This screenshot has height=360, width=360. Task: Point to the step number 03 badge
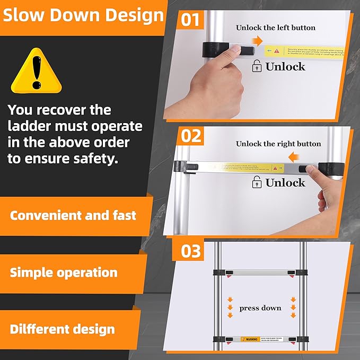pyautogui.click(x=190, y=250)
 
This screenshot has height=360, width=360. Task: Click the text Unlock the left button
pyautogui.click(x=275, y=27)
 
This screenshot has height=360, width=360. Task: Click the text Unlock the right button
pyautogui.click(x=278, y=144)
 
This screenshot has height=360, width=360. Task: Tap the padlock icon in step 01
pyautogui.click(x=257, y=66)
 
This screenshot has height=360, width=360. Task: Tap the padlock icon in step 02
pyautogui.click(x=257, y=183)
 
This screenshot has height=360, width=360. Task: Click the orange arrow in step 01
pyautogui.click(x=257, y=40)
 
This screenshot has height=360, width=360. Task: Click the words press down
pyautogui.click(x=260, y=308)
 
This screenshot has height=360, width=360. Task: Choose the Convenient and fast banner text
pyautogui.click(x=73, y=215)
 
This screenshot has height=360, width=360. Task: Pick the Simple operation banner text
pyautogui.click(x=64, y=273)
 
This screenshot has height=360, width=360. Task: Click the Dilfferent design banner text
pyautogui.click(x=63, y=329)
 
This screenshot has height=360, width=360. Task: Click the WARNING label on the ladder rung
pyautogui.click(x=250, y=339)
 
